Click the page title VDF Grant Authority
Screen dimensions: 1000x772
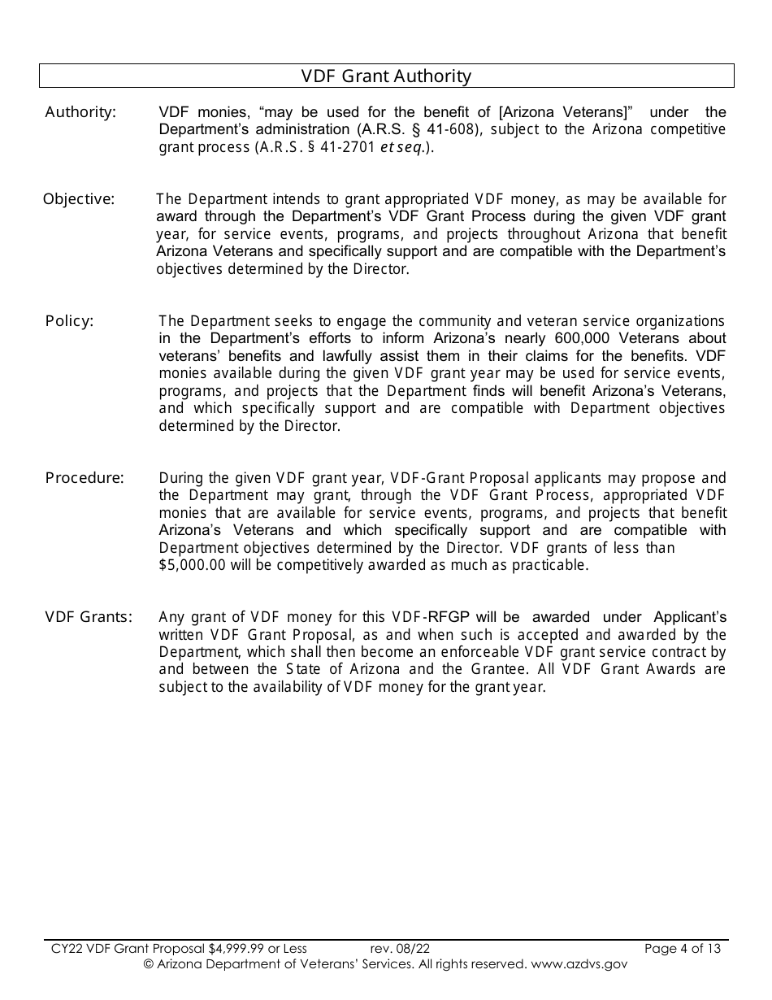coord(386,76)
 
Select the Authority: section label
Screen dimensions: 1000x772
coord(80,112)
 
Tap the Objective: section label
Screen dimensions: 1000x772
coord(79,199)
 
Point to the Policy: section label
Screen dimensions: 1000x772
coord(69,321)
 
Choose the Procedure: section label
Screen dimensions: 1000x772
coord(85,478)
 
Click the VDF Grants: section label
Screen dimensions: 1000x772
coord(89,617)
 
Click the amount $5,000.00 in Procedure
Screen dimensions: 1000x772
coord(192,566)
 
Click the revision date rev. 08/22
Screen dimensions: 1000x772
coord(400,948)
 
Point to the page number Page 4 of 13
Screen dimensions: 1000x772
coord(682,948)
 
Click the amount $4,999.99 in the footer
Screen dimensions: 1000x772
coord(236,948)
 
